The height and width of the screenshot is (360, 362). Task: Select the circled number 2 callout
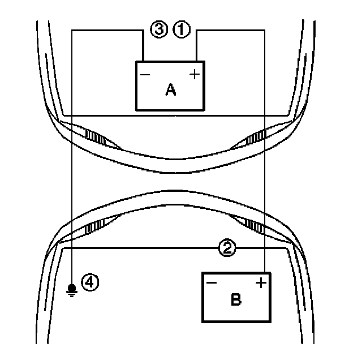coord(226,247)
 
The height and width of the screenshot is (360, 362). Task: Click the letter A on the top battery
coord(170,89)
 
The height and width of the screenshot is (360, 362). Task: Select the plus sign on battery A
coord(195,74)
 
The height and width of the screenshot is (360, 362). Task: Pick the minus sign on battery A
coord(145,74)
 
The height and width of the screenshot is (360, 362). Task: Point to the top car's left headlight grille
coord(94,136)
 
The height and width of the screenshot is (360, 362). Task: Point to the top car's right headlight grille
coord(258,136)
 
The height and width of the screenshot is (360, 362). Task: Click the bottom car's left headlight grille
coord(94,227)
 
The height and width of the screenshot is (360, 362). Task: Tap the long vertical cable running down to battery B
coord(265,170)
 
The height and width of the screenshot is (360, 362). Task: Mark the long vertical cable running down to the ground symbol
coord(72,170)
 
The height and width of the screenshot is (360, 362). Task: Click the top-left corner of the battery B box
coord(203,273)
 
